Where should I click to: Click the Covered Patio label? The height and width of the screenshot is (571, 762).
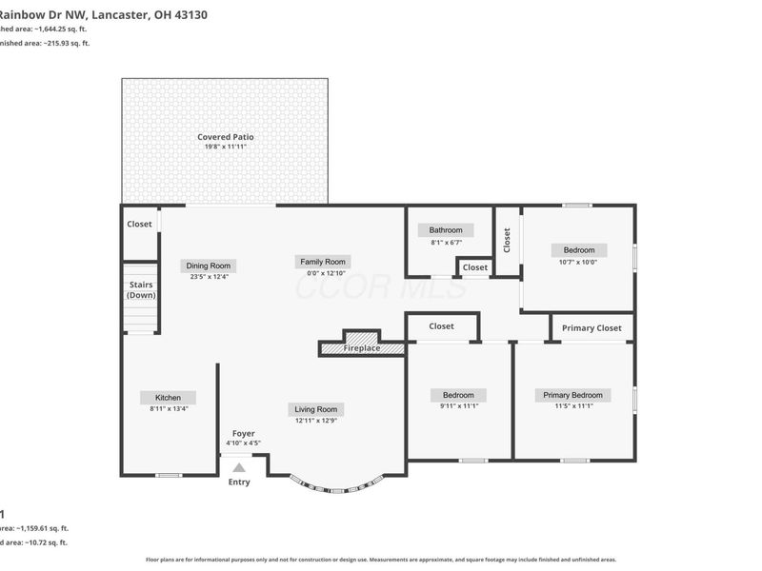coord(225,137)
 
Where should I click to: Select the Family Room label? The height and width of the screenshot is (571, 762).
coord(323,262)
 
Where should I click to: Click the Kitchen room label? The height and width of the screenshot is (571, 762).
coord(168,398)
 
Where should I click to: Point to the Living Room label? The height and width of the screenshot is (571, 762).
coord(316,409)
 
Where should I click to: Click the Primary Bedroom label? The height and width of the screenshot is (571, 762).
coord(572,395)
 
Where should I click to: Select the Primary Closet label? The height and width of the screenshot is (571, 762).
coord(592,328)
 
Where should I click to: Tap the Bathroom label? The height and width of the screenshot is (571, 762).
coord(445,230)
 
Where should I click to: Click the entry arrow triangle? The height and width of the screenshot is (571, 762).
coord(239,466)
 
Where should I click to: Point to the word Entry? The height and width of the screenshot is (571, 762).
coord(239,482)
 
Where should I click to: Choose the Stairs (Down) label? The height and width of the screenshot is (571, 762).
coord(141,289)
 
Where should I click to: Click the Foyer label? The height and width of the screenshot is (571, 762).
coord(243,433)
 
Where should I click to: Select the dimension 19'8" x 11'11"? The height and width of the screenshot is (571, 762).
coord(225,148)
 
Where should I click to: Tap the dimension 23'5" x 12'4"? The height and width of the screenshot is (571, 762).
coord(209,277)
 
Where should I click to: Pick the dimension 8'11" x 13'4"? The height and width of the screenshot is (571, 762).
coord(169,408)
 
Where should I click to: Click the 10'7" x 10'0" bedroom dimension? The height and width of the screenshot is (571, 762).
coord(578,262)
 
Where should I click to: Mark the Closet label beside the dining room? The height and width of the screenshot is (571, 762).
coord(140,225)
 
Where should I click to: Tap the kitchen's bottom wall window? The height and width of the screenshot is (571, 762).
coord(169,474)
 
